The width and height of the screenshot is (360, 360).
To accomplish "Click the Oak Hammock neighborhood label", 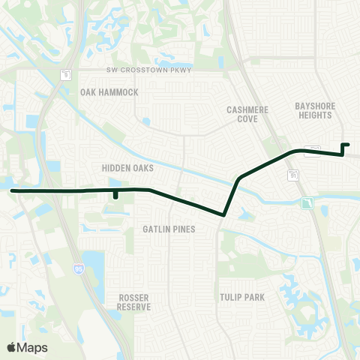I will click(109, 92).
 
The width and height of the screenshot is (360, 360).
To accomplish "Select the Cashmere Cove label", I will click(247, 114).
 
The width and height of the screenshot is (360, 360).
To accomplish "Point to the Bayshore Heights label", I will click(316, 110).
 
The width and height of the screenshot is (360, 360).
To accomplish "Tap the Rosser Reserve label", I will click(134, 302).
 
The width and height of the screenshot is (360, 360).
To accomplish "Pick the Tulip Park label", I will click(241, 298).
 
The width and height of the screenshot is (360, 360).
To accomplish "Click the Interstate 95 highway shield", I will click(78, 266).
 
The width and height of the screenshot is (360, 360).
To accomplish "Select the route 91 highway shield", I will click(292, 175).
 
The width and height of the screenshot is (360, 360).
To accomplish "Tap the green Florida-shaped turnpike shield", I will click(306, 203).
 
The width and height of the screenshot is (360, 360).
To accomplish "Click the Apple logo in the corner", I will click(11, 347).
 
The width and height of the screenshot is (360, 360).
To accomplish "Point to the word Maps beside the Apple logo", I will click(33, 347).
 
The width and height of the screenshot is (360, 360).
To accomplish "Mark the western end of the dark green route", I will click(11, 190).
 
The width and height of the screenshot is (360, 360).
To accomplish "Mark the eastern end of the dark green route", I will click(348, 144).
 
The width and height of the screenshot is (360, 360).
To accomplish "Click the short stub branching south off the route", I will click(115, 196).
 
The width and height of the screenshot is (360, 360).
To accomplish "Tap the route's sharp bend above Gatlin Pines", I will click(224, 214).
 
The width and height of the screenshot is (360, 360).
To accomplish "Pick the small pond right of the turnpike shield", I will click(320, 203).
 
